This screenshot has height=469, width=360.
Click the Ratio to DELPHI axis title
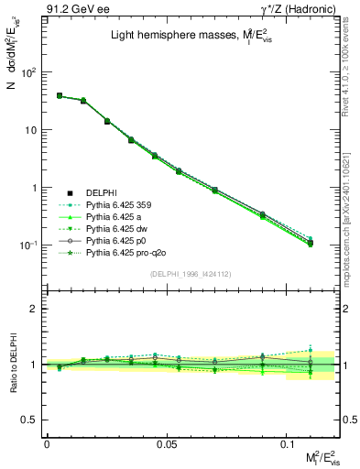click(x=11, y=365)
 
